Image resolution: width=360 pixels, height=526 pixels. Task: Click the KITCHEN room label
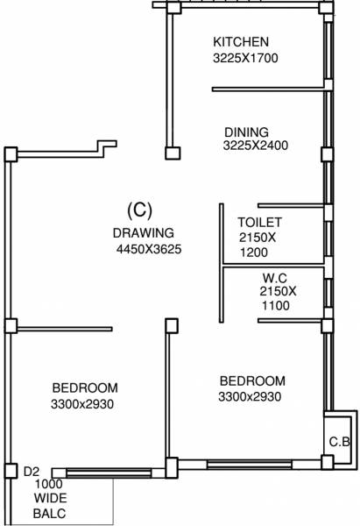tap(241, 42)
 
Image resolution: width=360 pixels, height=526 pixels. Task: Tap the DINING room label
tap(245, 132)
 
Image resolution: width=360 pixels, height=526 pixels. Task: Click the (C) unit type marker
tap(140, 210)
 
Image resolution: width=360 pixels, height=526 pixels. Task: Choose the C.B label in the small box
tap(340, 442)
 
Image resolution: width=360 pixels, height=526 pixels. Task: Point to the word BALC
tap(50, 514)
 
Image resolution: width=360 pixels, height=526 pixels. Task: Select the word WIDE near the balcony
tap(50, 499)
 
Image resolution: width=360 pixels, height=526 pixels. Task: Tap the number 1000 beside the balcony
tap(50, 484)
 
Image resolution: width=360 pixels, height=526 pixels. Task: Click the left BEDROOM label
tap(85, 388)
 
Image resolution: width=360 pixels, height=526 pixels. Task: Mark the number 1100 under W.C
tap(275, 306)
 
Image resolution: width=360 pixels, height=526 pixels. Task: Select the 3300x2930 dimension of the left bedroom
tap(84, 404)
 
